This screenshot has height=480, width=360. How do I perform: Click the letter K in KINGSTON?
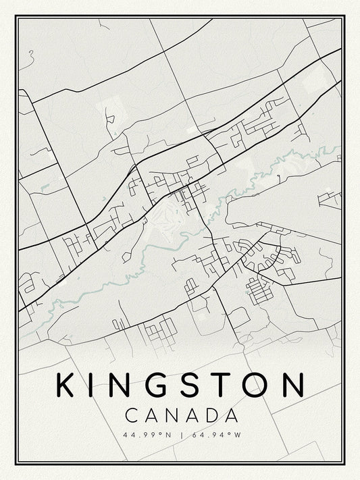pos(66,385)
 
